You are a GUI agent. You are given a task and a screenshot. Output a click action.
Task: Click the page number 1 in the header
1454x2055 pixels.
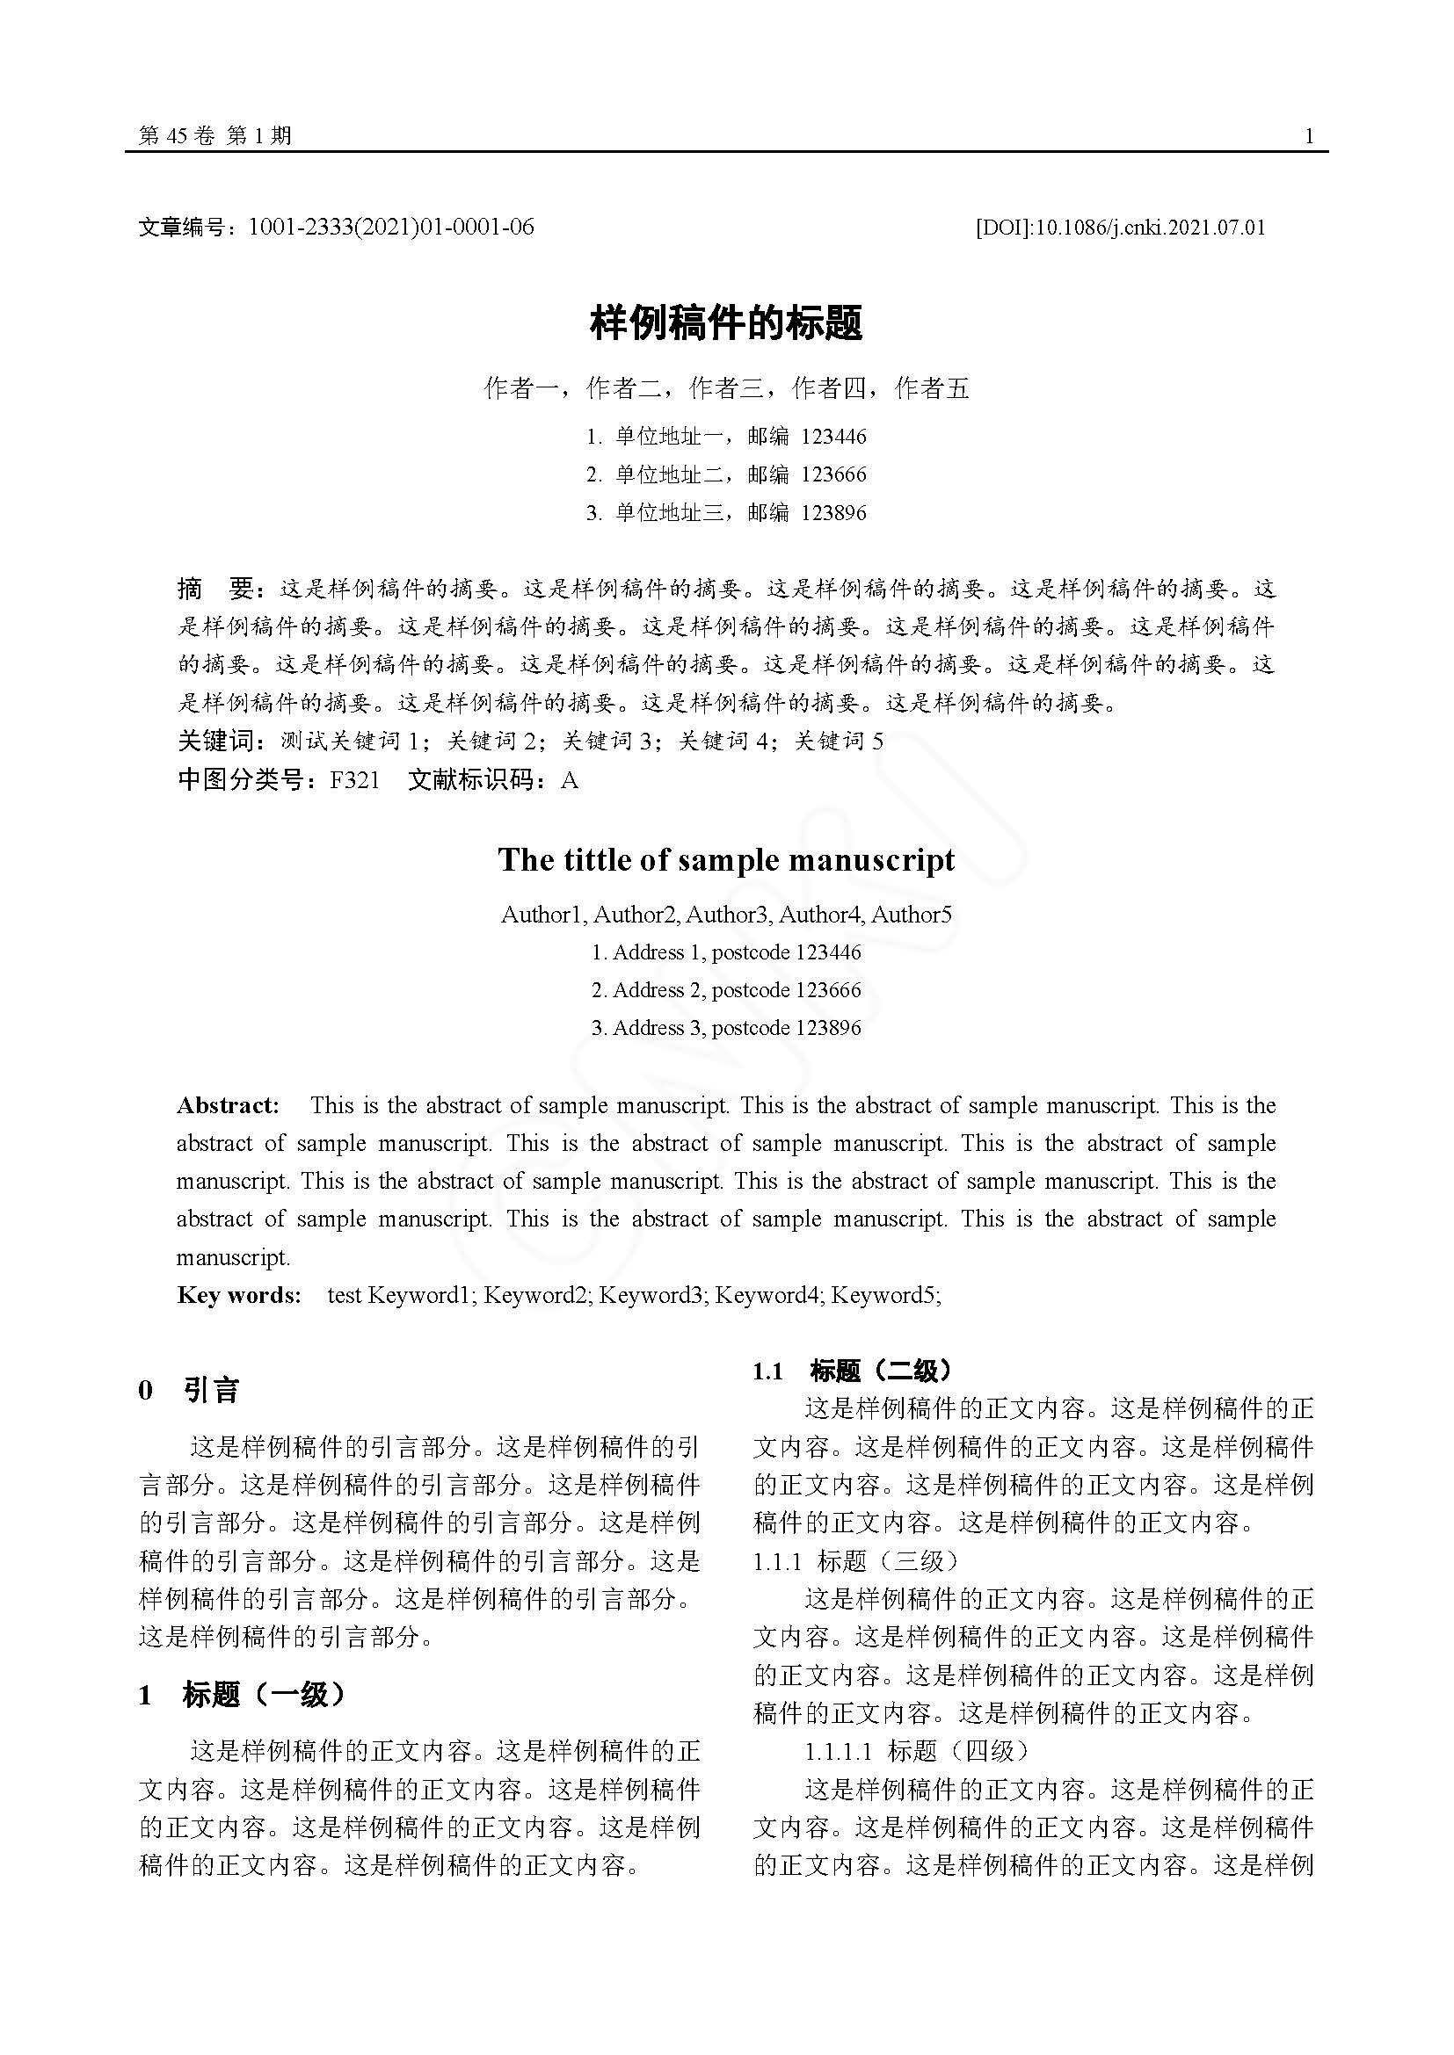point(1309,136)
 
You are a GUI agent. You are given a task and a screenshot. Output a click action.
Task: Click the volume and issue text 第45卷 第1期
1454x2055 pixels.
point(214,136)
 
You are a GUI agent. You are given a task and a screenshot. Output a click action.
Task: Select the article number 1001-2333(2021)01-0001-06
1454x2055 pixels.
point(390,228)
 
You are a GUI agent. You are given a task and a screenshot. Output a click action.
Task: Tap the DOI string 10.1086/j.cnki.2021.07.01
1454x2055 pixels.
point(1150,228)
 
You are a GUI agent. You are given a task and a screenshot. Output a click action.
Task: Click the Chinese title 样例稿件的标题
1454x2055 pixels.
point(726,323)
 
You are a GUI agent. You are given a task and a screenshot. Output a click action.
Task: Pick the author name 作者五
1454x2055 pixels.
point(932,388)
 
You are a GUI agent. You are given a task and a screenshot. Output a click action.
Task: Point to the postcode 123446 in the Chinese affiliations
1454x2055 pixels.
point(833,437)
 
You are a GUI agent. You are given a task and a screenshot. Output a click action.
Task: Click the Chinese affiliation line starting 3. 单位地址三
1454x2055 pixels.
point(726,513)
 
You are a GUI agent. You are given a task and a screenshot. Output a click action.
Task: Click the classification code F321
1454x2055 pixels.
point(354,780)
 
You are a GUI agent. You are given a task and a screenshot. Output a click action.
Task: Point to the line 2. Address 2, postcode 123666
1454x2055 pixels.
point(726,990)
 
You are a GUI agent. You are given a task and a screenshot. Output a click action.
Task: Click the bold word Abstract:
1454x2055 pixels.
point(229,1105)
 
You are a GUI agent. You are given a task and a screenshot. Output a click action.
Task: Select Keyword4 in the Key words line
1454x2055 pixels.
point(768,1295)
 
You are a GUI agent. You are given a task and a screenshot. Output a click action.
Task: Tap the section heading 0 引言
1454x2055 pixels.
point(190,1390)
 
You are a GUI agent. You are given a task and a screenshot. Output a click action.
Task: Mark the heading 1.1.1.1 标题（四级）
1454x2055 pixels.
point(917,1751)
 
